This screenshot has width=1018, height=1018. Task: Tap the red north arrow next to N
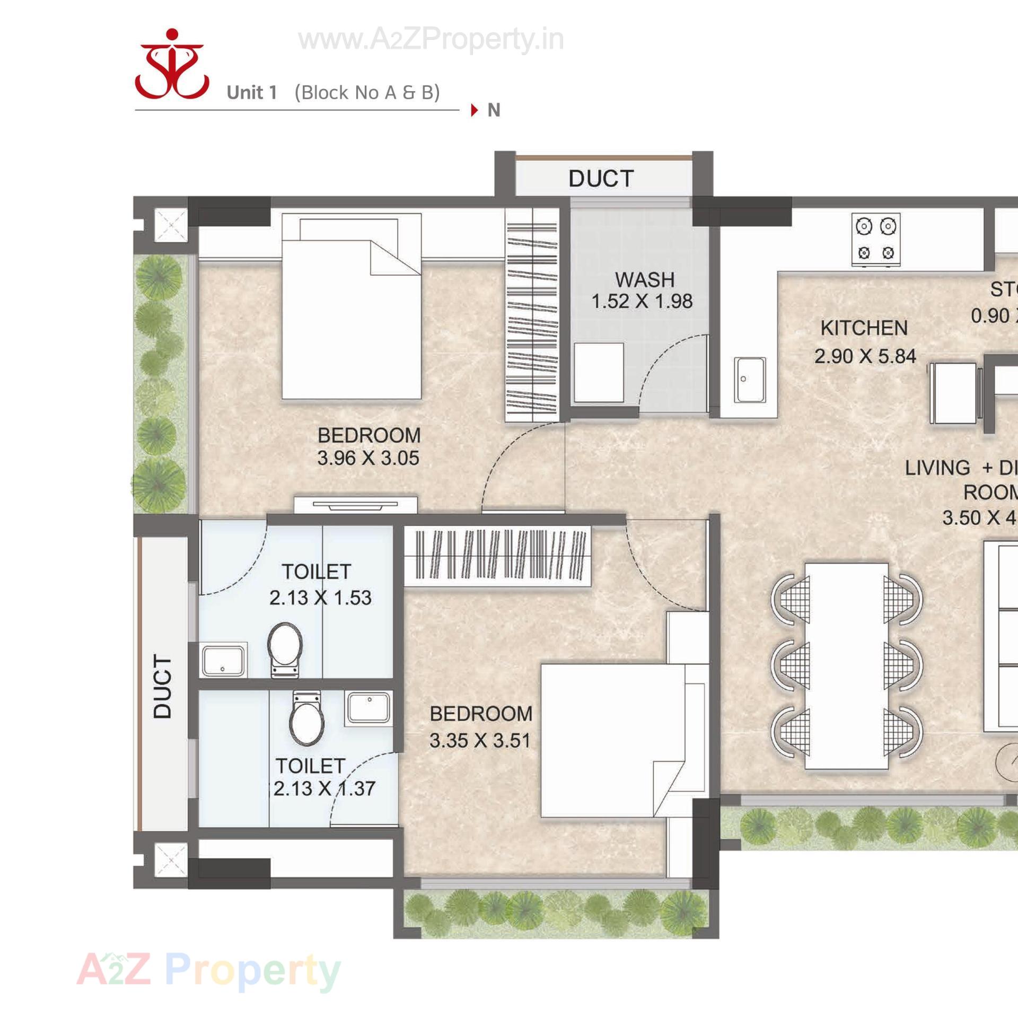474,111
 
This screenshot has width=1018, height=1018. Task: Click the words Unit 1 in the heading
252,93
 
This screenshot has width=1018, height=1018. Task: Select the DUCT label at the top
601,179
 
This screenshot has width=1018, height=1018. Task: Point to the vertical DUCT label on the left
163,687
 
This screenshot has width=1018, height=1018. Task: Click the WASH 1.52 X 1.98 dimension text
642,301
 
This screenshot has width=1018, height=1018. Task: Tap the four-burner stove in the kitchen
876,240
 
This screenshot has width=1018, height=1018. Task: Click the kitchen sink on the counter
750,380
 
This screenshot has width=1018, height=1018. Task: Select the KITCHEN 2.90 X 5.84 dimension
865,356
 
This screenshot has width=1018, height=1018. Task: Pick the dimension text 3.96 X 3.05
368,458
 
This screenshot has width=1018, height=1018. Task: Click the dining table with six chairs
846,666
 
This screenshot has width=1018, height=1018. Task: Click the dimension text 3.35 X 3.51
480,741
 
